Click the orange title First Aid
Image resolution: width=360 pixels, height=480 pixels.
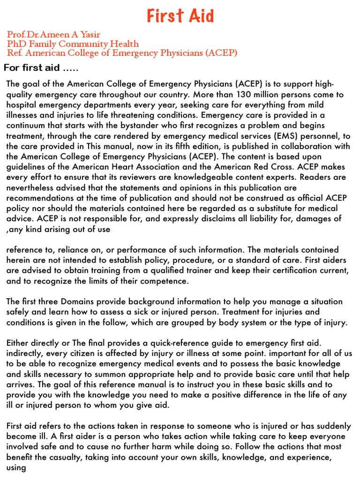click(180, 16)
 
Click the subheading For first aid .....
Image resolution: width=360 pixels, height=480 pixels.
click(41, 68)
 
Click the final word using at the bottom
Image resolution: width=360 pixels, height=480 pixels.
click(16, 467)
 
